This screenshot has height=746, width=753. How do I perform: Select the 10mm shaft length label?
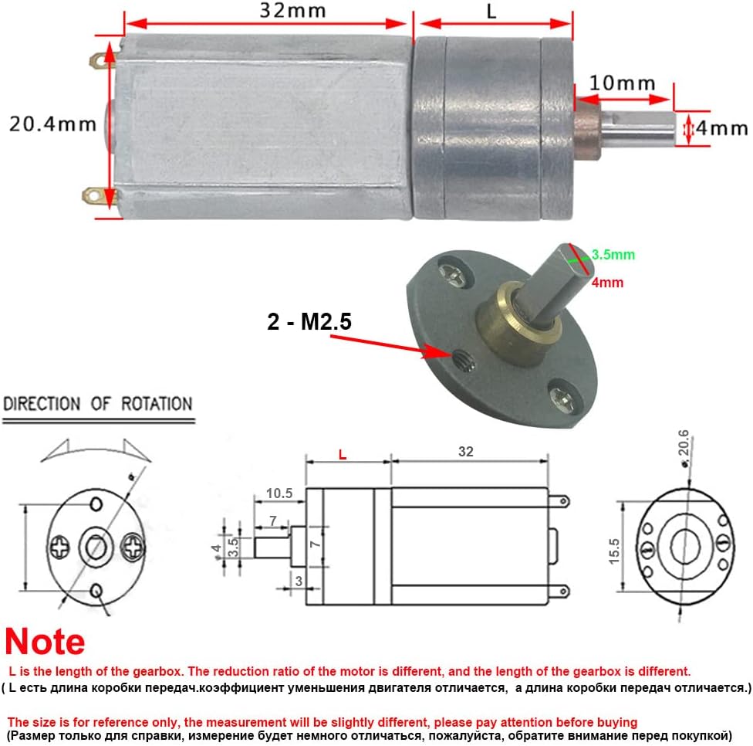click(x=622, y=83)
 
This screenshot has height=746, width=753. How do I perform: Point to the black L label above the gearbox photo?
click(x=491, y=12)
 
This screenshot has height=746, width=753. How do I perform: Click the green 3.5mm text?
click(x=614, y=253)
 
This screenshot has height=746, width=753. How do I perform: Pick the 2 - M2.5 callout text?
click(x=309, y=321)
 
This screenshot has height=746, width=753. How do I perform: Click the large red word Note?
click(x=45, y=642)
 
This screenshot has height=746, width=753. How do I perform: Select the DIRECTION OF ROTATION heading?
click(x=97, y=404)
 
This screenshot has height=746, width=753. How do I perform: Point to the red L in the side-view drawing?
click(x=343, y=455)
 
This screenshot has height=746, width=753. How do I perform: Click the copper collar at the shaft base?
click(x=587, y=125)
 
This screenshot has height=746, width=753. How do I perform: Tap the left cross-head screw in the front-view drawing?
click(x=60, y=548)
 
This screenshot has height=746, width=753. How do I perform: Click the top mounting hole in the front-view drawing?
click(x=96, y=504)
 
